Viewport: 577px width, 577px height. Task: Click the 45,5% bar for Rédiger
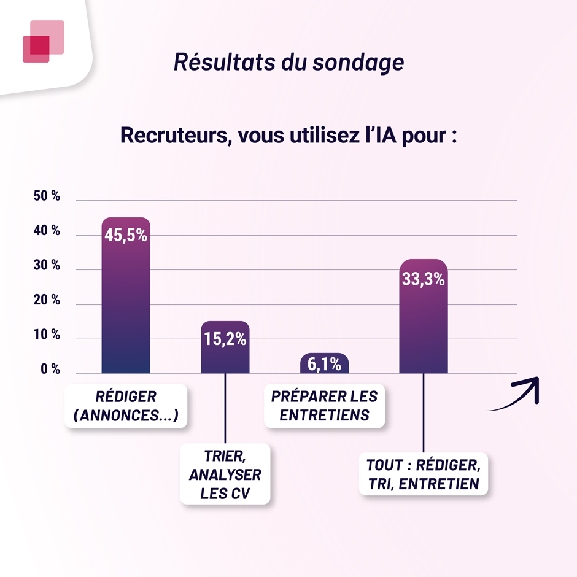pos(125,301)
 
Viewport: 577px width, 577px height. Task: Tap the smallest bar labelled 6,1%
pos(324,364)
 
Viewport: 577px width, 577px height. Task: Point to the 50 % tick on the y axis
pos(47,196)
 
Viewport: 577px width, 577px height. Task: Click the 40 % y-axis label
pos(47,231)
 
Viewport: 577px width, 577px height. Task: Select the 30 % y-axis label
pos(47,265)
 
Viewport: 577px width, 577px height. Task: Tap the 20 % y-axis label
pos(47,300)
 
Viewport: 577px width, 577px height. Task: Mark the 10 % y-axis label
pos(47,335)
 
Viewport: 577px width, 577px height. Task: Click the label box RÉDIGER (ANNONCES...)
pos(125,406)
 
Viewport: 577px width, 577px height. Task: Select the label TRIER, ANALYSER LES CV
pos(225,474)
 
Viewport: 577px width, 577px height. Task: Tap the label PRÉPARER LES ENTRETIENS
pos(324,406)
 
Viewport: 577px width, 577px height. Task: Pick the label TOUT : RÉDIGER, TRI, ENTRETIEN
pos(424,474)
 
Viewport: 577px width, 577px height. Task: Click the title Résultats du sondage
pos(288,63)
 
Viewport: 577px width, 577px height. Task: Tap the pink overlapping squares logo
pos(43,41)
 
